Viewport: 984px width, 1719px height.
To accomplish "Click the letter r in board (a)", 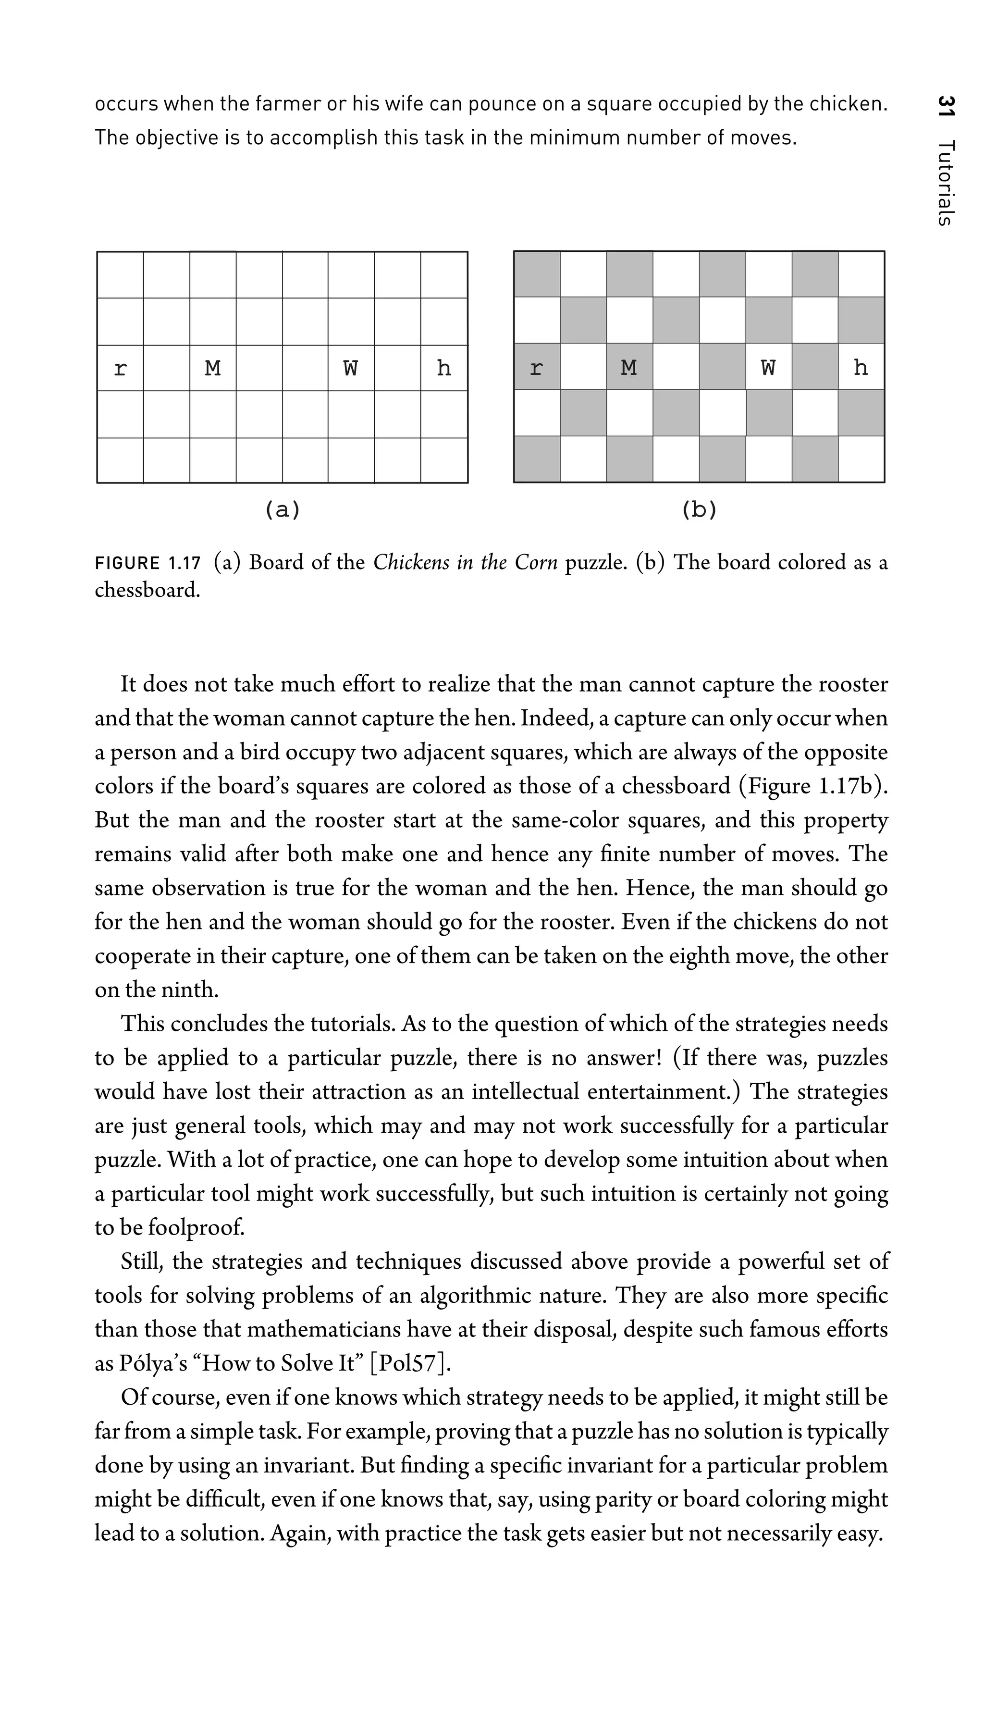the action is click(x=120, y=369).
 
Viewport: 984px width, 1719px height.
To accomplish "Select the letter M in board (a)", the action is click(x=213, y=369).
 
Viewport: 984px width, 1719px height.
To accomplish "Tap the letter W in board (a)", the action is click(x=351, y=369).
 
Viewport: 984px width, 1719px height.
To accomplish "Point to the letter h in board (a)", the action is click(x=443, y=369).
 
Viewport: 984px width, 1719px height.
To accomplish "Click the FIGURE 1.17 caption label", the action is click(x=148, y=563).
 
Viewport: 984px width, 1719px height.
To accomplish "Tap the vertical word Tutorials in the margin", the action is click(x=946, y=183).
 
